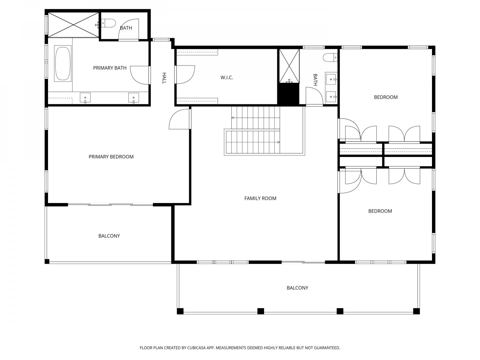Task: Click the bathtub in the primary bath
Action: pos(63,63)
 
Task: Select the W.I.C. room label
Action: pos(227,77)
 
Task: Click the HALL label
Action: pos(164,78)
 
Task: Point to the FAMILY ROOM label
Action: pos(260,198)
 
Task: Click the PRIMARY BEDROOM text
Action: pos(111,157)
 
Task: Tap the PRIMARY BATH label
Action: pos(110,68)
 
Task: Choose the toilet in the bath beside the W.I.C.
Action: pos(330,57)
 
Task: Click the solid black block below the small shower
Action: pos(288,94)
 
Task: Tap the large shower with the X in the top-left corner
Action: pos(73,25)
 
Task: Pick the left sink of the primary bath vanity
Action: pos(85,98)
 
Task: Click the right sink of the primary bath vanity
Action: pos(134,98)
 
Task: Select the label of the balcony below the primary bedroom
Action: pos(109,236)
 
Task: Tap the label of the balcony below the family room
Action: pos(297,288)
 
